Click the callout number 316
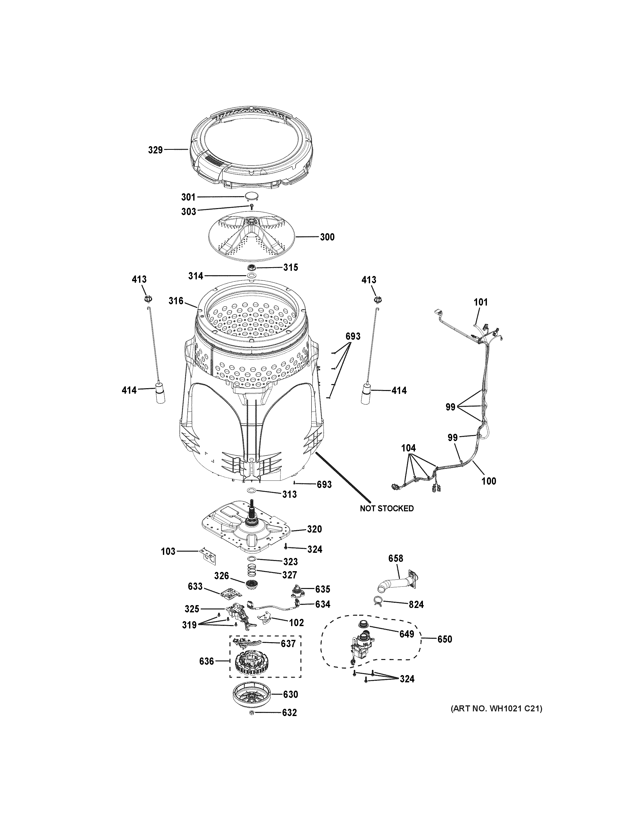coord(176,301)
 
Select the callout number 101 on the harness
coord(480,302)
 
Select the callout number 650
coord(444,639)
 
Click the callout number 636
coord(207,661)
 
